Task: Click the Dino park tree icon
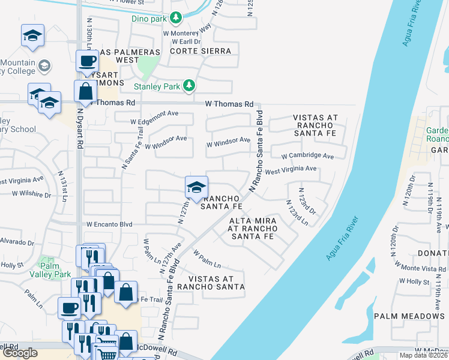coord(175,18)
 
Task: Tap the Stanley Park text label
coord(157,86)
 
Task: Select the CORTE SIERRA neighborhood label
coord(200,52)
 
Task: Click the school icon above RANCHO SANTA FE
coord(196,188)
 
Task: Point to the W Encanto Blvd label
coord(109,224)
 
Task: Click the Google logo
coord(20,353)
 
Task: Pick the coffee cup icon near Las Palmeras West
coord(87,61)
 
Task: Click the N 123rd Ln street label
coord(297,213)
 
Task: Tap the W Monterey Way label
coord(187,34)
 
